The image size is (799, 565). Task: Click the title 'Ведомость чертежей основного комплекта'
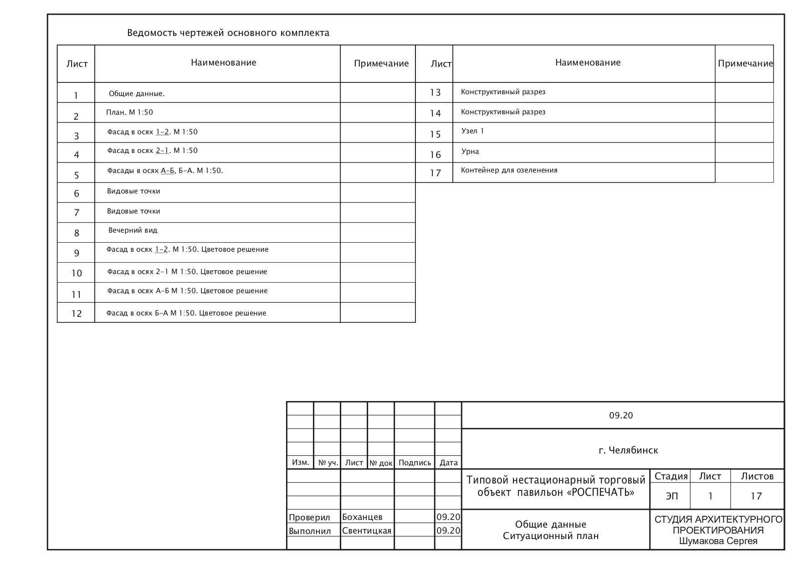(228, 33)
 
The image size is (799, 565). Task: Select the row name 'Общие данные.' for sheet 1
(137, 94)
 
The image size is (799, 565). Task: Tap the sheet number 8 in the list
(77, 233)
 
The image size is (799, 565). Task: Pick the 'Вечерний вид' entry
(133, 230)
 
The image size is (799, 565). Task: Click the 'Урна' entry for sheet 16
(470, 152)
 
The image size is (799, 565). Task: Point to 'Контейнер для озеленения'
(509, 170)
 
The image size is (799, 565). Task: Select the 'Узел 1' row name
(472, 131)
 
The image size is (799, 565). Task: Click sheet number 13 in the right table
(435, 92)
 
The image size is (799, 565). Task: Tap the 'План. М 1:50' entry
(129, 112)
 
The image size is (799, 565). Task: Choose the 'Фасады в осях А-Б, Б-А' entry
(165, 171)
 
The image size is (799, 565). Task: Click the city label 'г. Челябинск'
(628, 450)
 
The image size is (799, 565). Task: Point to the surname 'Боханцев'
(362, 517)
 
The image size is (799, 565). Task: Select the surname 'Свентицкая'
(367, 531)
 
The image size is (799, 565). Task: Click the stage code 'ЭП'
(671, 496)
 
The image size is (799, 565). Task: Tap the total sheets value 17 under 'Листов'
(756, 496)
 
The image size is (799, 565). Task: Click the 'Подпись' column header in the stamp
(415, 463)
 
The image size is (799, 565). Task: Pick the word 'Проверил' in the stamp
(309, 518)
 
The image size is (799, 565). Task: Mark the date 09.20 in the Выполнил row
(448, 531)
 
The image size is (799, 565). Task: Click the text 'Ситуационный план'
(551, 536)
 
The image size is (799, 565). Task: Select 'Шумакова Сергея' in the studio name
(718, 541)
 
